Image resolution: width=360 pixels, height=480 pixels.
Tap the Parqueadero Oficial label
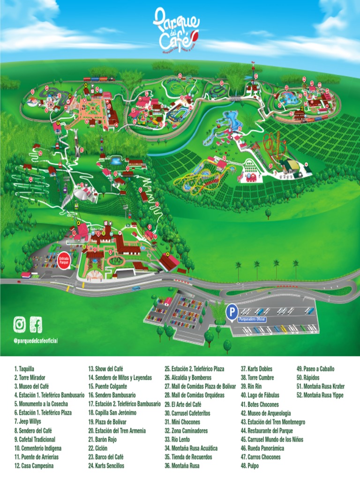(253, 319)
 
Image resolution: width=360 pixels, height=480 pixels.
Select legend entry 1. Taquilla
(24, 369)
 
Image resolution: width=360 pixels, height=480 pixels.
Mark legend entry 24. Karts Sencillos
(106, 466)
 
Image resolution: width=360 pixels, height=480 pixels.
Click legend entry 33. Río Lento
(179, 440)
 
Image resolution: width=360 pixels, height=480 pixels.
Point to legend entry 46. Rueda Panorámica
(263, 449)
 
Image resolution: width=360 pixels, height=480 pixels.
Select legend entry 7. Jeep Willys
(28, 422)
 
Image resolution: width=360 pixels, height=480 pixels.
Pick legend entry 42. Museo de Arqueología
(266, 413)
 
